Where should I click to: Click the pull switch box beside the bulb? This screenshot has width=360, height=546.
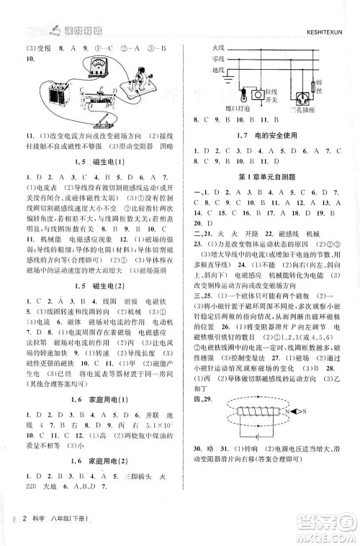[272, 91]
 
